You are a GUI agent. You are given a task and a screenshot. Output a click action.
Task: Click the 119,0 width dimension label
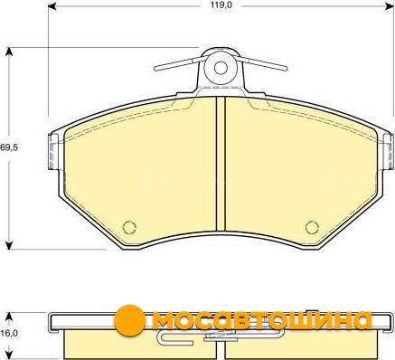click(221, 5)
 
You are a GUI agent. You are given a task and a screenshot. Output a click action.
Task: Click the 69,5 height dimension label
click(9, 147)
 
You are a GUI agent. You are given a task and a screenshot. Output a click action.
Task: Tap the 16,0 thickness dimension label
click(9, 333)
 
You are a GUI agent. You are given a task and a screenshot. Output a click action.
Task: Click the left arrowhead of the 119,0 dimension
click(52, 5)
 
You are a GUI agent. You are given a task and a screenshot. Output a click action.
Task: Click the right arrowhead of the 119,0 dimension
click(390, 5)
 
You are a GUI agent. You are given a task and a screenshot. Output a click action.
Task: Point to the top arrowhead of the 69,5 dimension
click(9, 52)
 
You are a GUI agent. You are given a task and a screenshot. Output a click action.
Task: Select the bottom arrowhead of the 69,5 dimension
click(9, 245)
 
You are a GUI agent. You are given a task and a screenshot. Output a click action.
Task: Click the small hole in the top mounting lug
click(221, 68)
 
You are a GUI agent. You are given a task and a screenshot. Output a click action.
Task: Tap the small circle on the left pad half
click(129, 227)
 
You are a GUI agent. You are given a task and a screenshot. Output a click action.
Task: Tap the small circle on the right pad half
click(312, 227)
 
